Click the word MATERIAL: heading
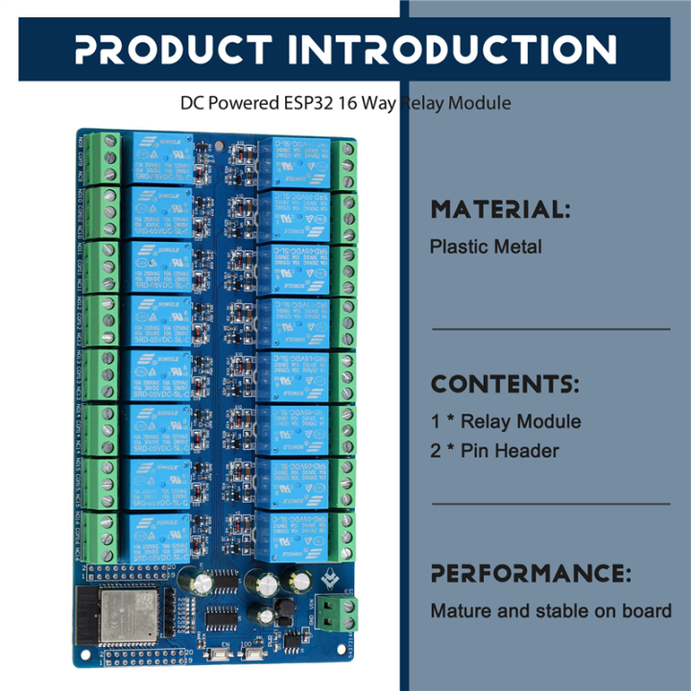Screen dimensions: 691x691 tap(500, 209)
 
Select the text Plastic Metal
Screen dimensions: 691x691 tap(486, 247)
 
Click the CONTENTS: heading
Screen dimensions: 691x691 tap(505, 385)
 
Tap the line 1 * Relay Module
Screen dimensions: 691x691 tap(506, 421)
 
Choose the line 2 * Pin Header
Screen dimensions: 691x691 tap(494, 450)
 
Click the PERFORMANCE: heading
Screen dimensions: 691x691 tap(531, 574)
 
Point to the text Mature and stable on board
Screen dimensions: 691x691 tap(551, 610)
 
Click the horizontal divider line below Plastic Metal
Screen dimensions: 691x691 tap(550, 329)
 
